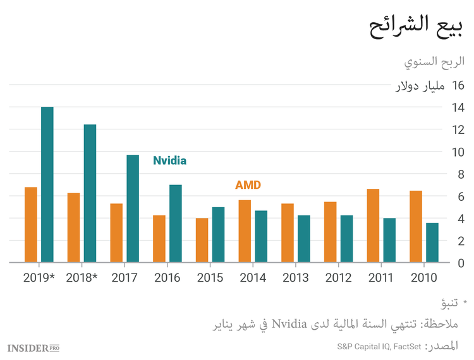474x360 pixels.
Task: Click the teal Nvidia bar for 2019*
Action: pyautogui.click(x=47, y=184)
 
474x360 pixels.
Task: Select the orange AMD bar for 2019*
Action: pyautogui.click(x=31, y=224)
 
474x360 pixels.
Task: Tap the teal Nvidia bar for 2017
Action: pyautogui.click(x=133, y=208)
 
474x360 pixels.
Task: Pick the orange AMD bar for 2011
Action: pyautogui.click(x=373, y=225)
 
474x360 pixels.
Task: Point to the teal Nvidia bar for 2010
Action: pyautogui.click(x=432, y=243)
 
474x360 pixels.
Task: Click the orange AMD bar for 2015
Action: pyautogui.click(x=202, y=240)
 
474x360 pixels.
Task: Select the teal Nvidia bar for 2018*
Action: pyautogui.click(x=90, y=193)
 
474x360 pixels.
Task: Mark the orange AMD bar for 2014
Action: pyautogui.click(x=245, y=231)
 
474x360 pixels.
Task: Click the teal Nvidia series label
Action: pyautogui.click(x=169, y=160)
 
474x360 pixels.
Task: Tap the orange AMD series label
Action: pyautogui.click(x=248, y=185)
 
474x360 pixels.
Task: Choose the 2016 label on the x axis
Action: pyautogui.click(x=167, y=278)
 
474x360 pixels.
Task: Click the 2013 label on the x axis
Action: pyautogui.click(x=295, y=278)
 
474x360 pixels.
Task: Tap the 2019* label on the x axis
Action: pyautogui.click(x=39, y=278)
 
